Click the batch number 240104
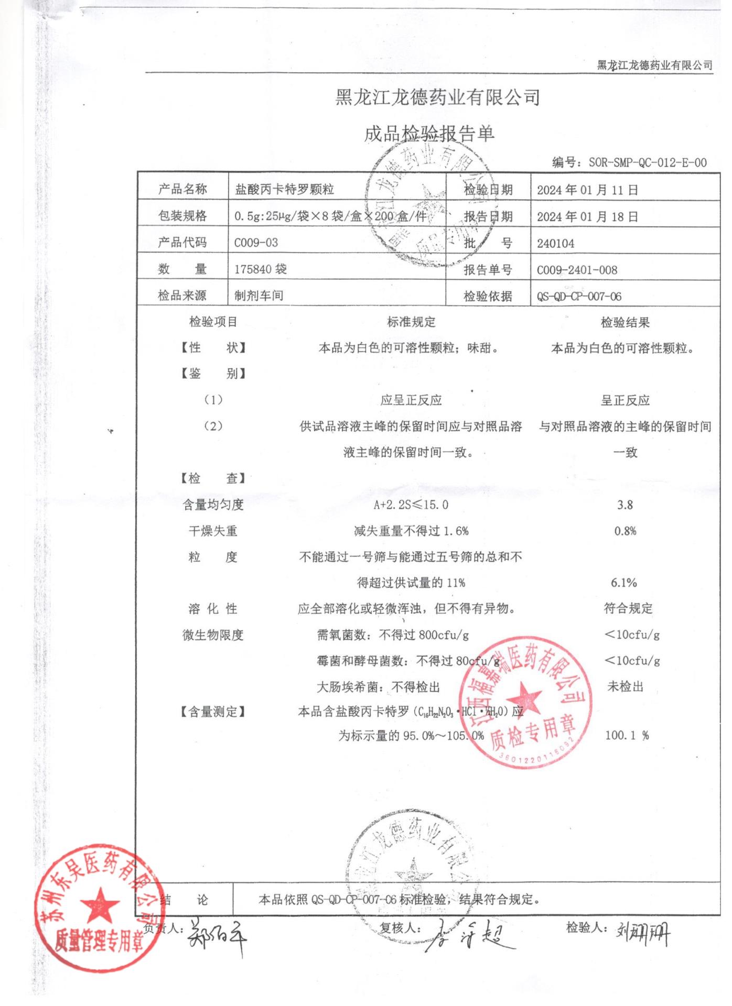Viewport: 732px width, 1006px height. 555,244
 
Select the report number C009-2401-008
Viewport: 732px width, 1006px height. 577,270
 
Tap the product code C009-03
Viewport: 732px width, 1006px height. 256,243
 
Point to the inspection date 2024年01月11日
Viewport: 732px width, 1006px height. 587,190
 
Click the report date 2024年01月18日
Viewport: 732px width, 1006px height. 587,217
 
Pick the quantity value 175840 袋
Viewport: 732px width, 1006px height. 260,269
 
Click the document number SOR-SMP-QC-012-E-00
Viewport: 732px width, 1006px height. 647,163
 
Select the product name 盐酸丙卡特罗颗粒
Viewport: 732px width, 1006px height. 284,190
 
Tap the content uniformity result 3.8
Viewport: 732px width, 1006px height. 625,505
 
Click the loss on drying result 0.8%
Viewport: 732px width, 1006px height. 625,531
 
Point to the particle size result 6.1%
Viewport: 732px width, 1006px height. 623,583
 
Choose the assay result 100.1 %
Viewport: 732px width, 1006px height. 627,736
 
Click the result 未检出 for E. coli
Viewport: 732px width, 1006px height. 625,687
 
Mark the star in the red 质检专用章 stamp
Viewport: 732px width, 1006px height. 525,700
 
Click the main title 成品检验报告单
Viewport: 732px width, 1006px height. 429,134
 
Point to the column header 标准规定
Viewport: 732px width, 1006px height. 411,322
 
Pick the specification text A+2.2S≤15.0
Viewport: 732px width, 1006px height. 411,505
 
